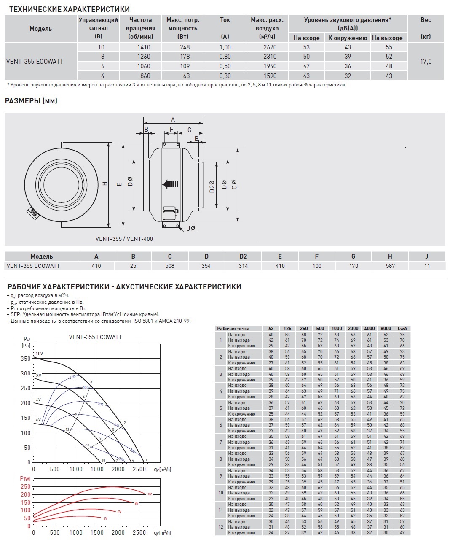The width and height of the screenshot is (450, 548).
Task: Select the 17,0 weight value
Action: [x=426, y=62]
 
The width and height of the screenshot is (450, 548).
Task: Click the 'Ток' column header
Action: [x=225, y=20]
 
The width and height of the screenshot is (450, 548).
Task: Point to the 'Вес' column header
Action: [x=426, y=20]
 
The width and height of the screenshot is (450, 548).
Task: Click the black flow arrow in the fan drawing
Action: [x=170, y=184]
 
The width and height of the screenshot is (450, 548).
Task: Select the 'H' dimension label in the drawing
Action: [x=105, y=184]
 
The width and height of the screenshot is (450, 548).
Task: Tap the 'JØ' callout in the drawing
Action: [x=191, y=228]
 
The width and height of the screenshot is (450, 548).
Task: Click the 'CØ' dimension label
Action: [x=234, y=184]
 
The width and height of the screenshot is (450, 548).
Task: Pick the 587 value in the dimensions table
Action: [x=390, y=266]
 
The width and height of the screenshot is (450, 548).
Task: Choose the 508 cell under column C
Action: [x=170, y=266]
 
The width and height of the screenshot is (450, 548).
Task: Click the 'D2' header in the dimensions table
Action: [x=243, y=256]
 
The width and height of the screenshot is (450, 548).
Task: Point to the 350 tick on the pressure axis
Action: [x=26, y=359]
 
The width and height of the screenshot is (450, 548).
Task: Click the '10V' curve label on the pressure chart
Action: [x=39, y=354]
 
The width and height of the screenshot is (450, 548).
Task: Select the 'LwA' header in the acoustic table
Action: [x=402, y=329]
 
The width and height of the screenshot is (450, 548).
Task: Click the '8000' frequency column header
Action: [x=386, y=329]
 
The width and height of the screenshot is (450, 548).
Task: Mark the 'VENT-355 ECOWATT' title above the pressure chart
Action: [x=95, y=337]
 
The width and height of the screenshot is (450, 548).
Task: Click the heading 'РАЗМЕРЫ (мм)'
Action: [x=31, y=101]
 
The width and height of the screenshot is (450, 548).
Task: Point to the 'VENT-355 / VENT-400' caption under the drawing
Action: [x=124, y=239]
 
